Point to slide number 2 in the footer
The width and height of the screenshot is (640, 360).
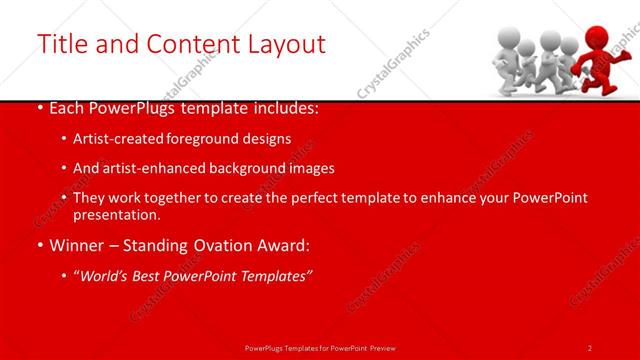coord(590,348)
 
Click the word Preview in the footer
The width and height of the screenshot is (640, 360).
coord(398,348)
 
